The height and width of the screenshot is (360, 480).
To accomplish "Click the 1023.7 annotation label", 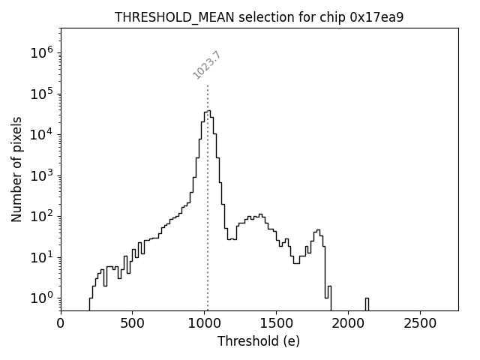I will pos(207,65).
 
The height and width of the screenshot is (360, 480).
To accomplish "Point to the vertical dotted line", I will pos(208,225).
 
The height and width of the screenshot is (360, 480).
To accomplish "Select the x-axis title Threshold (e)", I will pos(259,341).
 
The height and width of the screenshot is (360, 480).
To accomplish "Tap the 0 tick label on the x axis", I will pos(61,323).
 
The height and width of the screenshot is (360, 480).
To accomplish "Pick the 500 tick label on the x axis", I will pos(132,323).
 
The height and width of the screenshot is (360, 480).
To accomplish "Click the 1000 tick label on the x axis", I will pos(204,323).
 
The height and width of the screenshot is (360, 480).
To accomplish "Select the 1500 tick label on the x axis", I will pos(276,323).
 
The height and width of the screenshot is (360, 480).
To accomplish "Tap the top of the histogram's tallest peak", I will pos(207,111).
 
